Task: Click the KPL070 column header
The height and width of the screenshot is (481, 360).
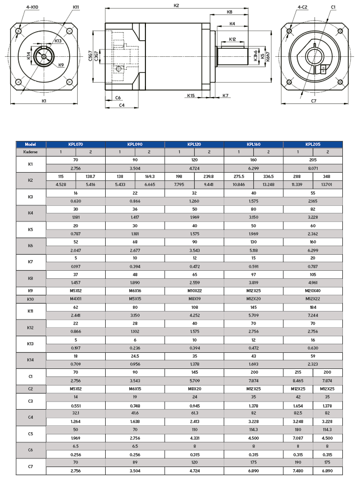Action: coord(76,144)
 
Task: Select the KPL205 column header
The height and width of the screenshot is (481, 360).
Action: coord(313,144)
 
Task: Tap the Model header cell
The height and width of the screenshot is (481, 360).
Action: coord(31,144)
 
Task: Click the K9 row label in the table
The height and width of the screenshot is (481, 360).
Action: coord(31,291)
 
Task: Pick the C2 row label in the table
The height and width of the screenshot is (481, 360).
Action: coord(31,388)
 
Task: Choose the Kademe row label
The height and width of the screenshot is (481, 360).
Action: coord(31,152)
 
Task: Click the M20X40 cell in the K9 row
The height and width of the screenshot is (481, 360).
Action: coord(313,291)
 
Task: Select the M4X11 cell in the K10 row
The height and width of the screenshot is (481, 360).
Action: coord(76,299)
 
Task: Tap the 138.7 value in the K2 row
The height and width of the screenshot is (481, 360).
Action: coord(91,176)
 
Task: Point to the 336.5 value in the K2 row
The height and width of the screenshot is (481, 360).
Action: coord(268,176)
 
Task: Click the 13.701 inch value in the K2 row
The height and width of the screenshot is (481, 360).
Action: coord(327,184)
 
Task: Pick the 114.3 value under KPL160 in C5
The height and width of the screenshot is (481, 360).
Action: coord(253,430)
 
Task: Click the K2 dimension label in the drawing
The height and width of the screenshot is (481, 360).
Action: coord(177,5)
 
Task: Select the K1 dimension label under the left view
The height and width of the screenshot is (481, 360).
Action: coord(45,101)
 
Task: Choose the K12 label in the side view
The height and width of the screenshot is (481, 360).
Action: coord(232,39)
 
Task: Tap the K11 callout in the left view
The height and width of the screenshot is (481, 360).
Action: coord(76,8)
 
